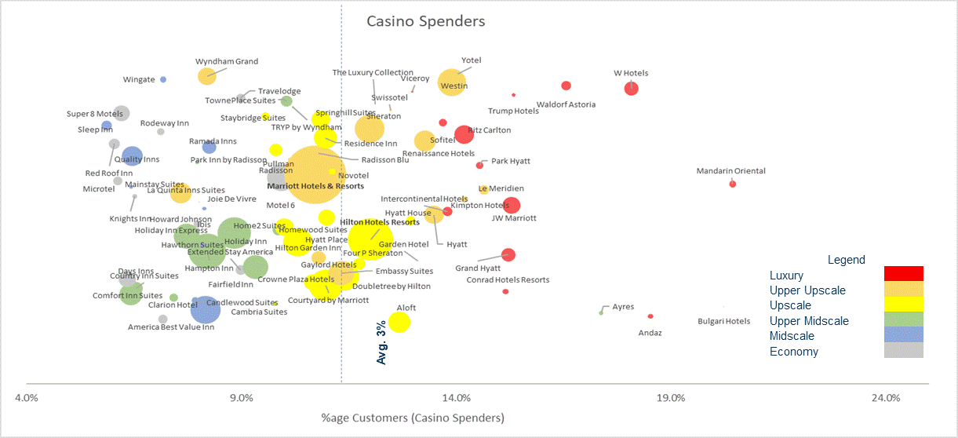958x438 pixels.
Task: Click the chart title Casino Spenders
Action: [426, 21]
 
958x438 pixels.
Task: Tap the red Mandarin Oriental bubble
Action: [732, 184]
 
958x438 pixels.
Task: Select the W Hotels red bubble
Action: [632, 88]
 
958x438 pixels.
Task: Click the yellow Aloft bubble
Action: [399, 322]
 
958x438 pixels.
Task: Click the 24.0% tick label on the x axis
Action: [886, 398]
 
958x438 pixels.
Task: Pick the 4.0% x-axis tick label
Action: [27, 398]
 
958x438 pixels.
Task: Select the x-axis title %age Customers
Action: [413, 418]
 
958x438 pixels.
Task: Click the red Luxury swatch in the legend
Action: [903, 273]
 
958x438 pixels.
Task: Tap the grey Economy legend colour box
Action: [903, 351]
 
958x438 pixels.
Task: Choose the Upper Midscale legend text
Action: [809, 321]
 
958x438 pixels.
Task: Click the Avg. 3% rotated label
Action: [382, 341]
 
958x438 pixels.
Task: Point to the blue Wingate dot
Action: [163, 79]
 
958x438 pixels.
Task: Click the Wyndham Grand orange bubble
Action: [206, 76]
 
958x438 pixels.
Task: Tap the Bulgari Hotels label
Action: [724, 321]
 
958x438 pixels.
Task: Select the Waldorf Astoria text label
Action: [566, 104]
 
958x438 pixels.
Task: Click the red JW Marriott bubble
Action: [512, 206]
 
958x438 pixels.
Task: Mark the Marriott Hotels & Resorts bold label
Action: [315, 186]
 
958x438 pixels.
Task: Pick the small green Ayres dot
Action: [601, 312]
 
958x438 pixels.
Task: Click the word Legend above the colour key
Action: [847, 260]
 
